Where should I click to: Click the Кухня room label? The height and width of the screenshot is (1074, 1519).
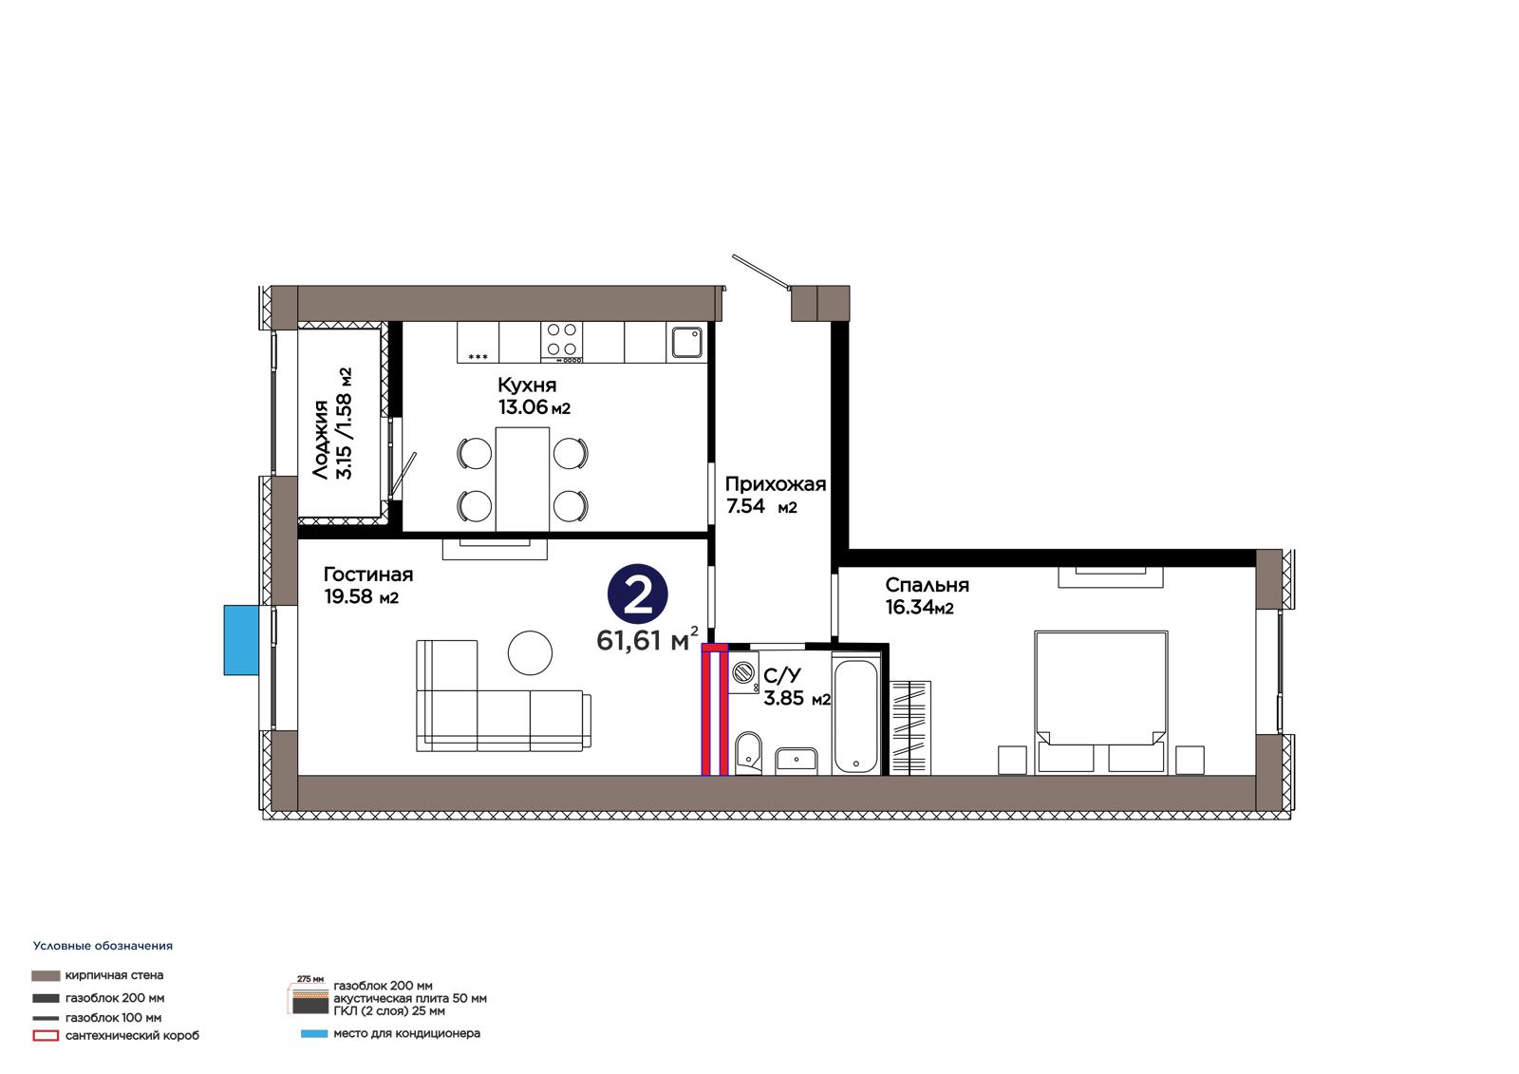tap(527, 386)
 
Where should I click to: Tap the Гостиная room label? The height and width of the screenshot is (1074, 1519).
tap(368, 575)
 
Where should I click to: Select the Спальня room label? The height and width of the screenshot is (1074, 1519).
tap(927, 585)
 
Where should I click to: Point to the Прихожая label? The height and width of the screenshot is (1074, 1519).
tap(775, 483)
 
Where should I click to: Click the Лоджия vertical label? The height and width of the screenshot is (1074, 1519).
tap(321, 440)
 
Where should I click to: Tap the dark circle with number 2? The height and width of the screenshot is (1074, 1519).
tap(637, 594)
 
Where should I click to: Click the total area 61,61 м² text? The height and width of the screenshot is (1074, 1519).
tap(647, 639)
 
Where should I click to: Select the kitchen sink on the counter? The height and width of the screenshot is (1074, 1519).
tap(687, 342)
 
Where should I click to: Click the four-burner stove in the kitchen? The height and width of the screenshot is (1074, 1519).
tap(561, 342)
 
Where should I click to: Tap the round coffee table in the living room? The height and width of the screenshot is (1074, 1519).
tap(531, 652)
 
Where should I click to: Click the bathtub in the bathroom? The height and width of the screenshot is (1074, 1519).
tap(856, 715)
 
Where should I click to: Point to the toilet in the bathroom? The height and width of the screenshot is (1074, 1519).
tap(748, 752)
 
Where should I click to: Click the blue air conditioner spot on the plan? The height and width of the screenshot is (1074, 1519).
tap(241, 640)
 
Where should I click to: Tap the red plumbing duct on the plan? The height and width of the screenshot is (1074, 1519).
tap(714, 709)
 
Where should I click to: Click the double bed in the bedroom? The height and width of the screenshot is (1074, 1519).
tap(1100, 702)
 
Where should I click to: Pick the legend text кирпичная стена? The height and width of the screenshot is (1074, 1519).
tap(114, 975)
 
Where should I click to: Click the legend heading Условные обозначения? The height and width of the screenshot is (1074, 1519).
tap(103, 946)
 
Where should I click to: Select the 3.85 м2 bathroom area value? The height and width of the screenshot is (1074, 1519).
tap(797, 698)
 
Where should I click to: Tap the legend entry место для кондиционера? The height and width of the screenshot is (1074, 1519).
tap(407, 1033)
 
